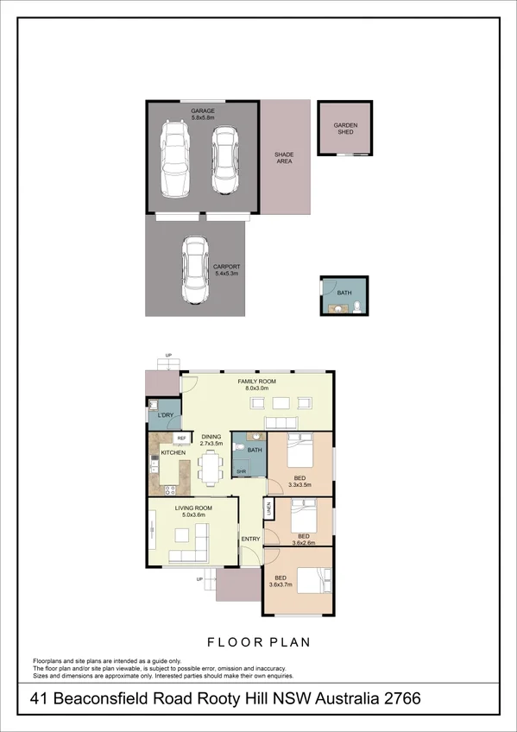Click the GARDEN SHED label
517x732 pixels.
(345, 129)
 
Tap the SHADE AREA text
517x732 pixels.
(284, 158)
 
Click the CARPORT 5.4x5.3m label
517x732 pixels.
(226, 270)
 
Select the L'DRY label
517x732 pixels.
(166, 415)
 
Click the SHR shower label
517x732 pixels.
(243, 471)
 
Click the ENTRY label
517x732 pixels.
(250, 540)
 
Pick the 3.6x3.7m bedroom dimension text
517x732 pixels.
(280, 584)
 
